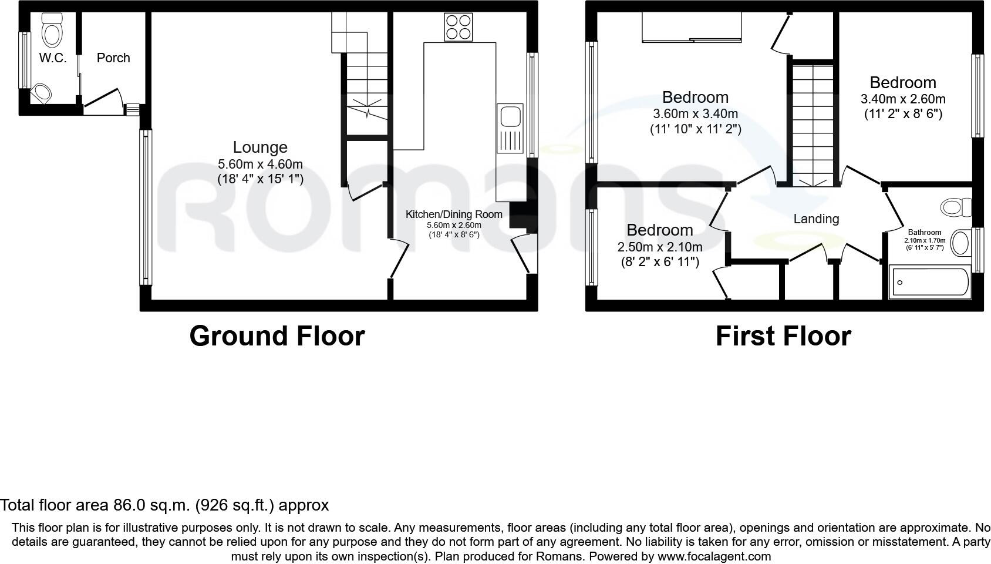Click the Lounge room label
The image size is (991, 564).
(x=260, y=147)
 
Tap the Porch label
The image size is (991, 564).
(x=113, y=58)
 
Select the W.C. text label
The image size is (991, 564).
(x=53, y=58)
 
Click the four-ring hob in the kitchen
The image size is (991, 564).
(x=458, y=27)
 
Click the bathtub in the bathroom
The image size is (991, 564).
(x=930, y=283)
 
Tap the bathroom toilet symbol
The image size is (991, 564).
(x=955, y=207)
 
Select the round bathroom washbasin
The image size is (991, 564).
(x=960, y=243)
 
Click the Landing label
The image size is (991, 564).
(x=816, y=219)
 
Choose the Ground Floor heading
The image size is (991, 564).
(x=277, y=336)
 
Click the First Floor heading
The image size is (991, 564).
(x=783, y=336)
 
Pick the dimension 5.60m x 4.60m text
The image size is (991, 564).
(x=260, y=164)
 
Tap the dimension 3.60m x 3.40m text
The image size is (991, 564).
(x=695, y=114)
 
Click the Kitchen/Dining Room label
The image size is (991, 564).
(x=454, y=214)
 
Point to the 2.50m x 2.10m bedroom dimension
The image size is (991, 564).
(x=660, y=247)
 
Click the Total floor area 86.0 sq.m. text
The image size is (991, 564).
(x=164, y=505)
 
